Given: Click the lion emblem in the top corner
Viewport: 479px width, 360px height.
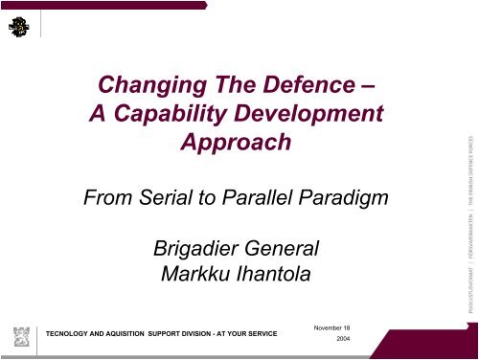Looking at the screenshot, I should pyautogui.click(x=18, y=30).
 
